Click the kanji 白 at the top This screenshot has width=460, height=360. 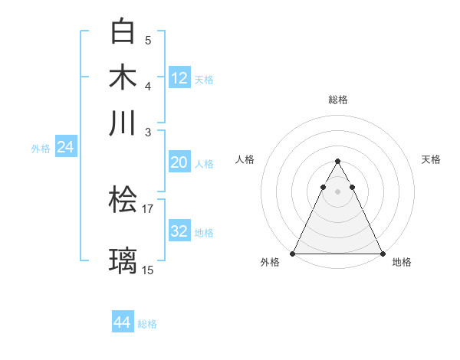tap(123, 32)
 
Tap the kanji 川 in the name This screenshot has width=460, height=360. tap(123, 123)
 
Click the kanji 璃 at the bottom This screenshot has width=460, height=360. tap(123, 260)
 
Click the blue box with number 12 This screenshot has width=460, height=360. tap(179, 77)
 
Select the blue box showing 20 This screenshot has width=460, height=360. tap(179, 162)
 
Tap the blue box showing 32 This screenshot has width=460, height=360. tap(179, 231)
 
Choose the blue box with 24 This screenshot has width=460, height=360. tap(65, 148)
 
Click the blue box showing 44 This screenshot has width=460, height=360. tap(123, 322)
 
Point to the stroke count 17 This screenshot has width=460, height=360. tap(148, 208)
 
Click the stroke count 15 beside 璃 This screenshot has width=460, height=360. tap(148, 270)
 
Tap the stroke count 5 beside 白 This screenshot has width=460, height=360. tap(148, 41)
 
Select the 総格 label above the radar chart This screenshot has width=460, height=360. tap(337, 100)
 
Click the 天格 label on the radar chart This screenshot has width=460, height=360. tap(431, 159)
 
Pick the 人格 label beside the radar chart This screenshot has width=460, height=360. tap(245, 159)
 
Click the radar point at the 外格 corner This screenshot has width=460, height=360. tap(293, 253)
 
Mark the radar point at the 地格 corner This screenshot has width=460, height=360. tap(382, 253)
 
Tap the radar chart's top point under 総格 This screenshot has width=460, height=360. tap(337, 161)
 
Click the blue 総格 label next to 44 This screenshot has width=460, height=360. tap(147, 324)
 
